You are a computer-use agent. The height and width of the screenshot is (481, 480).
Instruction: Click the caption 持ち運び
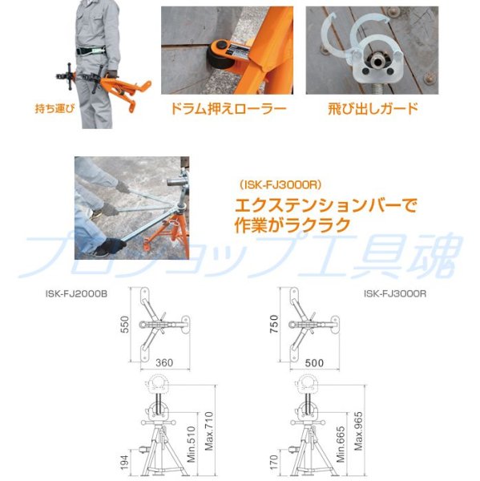54,107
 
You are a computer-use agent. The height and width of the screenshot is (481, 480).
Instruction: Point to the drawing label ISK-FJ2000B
78,294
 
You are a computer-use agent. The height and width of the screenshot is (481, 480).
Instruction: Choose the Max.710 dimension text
208,430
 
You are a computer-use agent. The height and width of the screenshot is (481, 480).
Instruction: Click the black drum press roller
217,55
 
